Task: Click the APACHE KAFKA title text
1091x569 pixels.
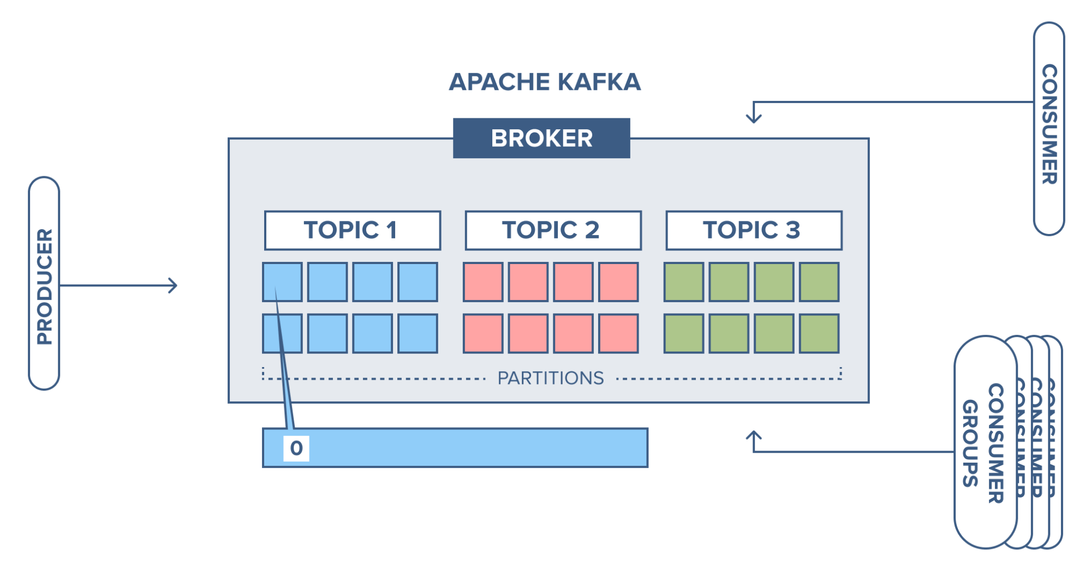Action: (x=545, y=82)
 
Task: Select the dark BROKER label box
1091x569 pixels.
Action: (x=541, y=139)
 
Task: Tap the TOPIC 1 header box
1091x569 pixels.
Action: (x=353, y=230)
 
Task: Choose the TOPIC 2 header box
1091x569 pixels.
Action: (x=553, y=230)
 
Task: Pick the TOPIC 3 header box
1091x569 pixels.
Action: (x=754, y=230)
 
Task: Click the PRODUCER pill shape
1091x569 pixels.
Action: (x=44, y=284)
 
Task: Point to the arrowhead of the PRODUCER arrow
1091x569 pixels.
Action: (x=174, y=285)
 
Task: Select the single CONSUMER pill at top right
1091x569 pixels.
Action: (x=1048, y=129)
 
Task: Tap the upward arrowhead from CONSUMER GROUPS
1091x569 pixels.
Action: (x=754, y=435)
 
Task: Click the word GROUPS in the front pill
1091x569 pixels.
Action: (x=970, y=443)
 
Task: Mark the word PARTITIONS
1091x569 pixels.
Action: (x=550, y=378)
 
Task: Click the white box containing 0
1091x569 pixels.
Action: (x=296, y=448)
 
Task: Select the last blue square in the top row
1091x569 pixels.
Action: (x=418, y=282)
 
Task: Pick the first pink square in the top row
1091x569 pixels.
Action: (x=483, y=282)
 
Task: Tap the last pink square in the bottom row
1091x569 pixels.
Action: (x=618, y=333)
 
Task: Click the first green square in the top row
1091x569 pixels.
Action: (x=684, y=282)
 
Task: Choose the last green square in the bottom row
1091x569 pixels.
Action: (x=819, y=333)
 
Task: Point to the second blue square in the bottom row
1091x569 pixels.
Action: (x=327, y=333)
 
